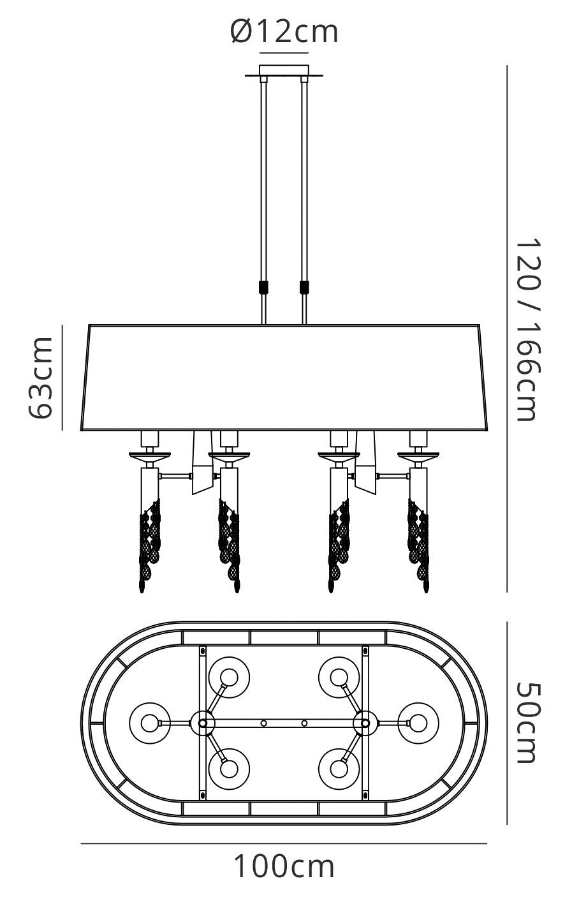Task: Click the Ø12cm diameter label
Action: (x=284, y=32)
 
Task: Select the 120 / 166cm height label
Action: (x=527, y=330)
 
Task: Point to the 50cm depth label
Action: (x=527, y=723)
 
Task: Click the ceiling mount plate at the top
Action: (x=284, y=71)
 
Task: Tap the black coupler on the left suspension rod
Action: (x=263, y=287)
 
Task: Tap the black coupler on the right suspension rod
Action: (x=305, y=287)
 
